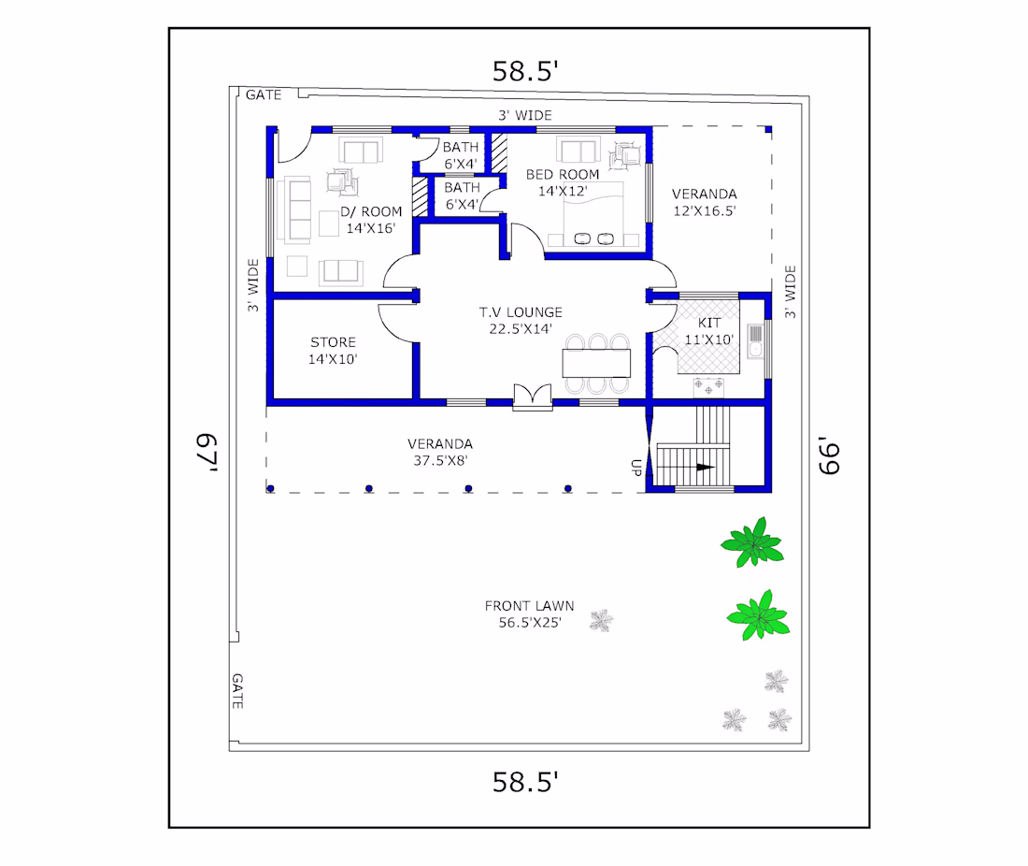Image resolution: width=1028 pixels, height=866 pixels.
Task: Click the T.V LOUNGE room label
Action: point(521,312)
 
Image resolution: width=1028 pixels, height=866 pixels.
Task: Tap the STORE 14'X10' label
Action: point(333,351)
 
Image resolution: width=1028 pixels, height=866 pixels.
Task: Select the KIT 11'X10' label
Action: point(708,331)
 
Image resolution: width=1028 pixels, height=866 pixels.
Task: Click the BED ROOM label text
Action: point(563,175)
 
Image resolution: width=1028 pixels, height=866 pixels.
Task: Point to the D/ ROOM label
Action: point(371,212)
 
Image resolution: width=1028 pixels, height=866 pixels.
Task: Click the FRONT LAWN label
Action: point(529,605)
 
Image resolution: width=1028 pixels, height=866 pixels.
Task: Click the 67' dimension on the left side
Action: point(207,452)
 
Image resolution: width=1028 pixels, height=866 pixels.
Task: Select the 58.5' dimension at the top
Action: point(525,71)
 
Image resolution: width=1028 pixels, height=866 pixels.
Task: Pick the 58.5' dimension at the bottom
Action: point(525,782)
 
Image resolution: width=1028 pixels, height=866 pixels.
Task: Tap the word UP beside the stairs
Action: point(635,467)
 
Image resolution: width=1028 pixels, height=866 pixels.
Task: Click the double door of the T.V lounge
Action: point(533,397)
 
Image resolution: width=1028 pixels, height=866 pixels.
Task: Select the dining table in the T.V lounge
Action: point(596,363)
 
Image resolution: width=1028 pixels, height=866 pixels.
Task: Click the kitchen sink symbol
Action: point(755,340)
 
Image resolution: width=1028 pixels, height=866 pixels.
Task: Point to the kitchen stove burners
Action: point(708,387)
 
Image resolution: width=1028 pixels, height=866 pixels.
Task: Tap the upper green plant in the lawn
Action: point(752,542)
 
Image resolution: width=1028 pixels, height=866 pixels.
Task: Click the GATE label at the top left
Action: point(264,95)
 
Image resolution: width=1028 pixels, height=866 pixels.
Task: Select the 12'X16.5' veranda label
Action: point(705,210)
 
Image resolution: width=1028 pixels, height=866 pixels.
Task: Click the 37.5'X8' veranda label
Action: point(440,460)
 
